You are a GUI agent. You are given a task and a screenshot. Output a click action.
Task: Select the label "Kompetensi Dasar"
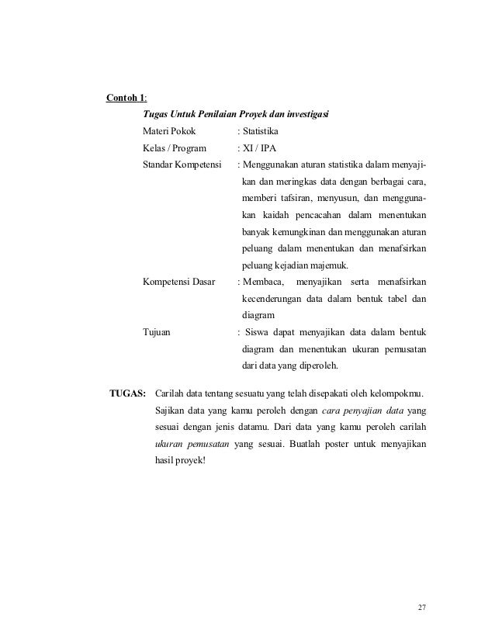click(x=179, y=282)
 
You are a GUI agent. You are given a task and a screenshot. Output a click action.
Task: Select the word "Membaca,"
click(x=265, y=282)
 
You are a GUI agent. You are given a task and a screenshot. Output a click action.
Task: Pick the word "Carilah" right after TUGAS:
click(x=172, y=392)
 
